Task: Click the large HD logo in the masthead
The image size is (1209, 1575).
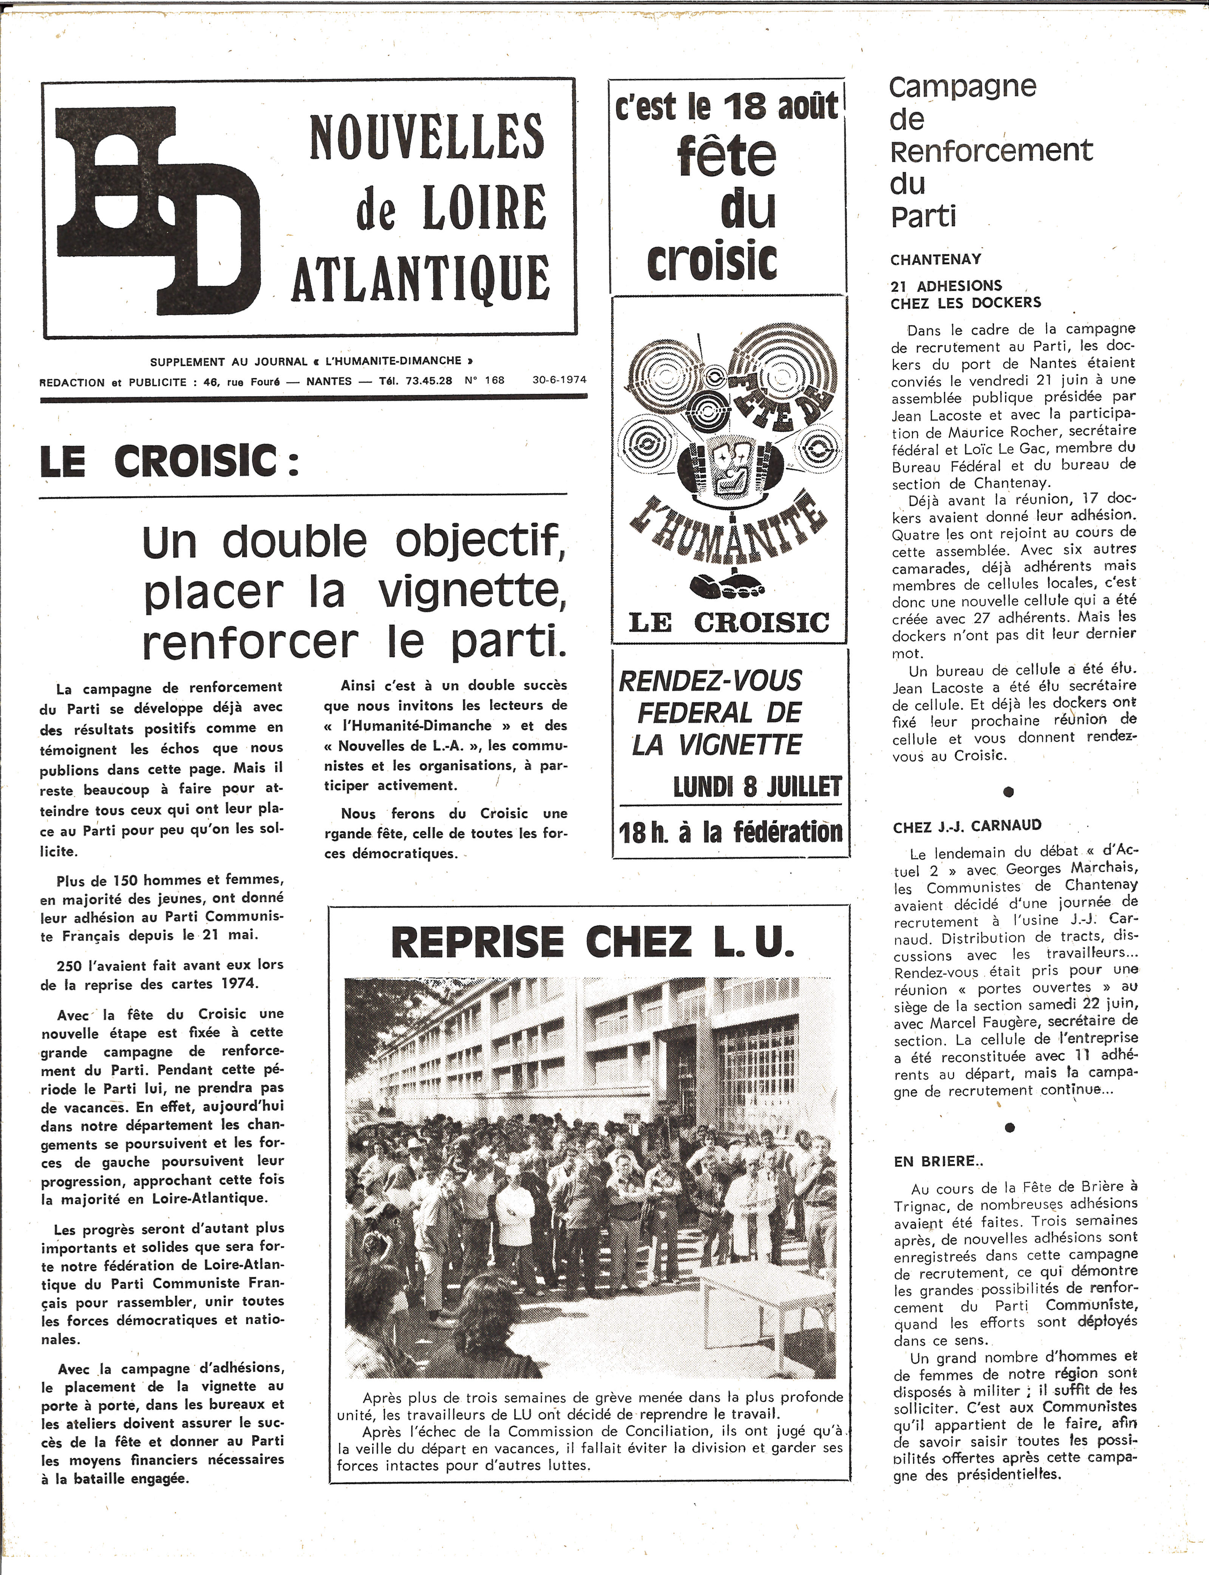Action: [x=158, y=209]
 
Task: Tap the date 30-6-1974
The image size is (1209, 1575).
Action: [x=560, y=380]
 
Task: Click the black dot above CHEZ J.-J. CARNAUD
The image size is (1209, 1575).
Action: [x=1008, y=792]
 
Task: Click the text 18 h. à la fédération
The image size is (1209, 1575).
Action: [x=730, y=833]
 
